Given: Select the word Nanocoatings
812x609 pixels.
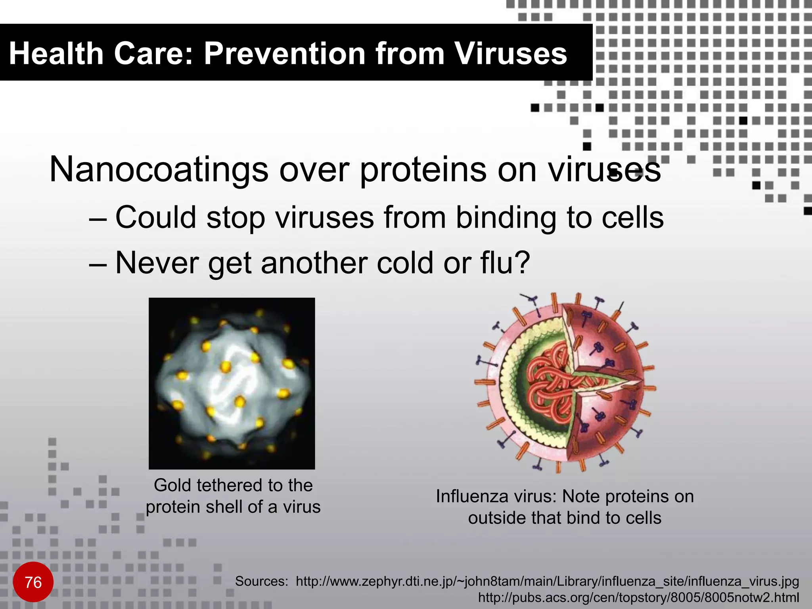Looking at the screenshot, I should (159, 170).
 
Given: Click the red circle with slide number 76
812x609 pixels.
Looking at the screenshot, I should (33, 582).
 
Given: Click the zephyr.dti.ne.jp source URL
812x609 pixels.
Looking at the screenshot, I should (547, 581).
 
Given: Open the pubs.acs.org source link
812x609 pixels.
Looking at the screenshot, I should (638, 597).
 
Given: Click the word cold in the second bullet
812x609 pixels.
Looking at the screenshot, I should (404, 263).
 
